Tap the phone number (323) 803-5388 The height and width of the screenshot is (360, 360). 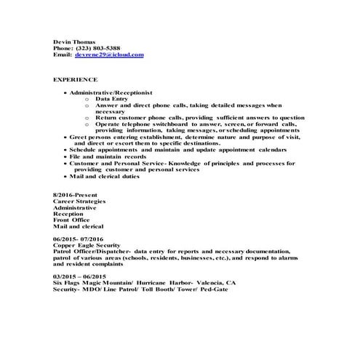(97, 48)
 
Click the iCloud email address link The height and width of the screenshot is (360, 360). (109, 55)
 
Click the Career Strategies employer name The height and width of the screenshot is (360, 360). (79, 201)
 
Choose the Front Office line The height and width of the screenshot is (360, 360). (72, 220)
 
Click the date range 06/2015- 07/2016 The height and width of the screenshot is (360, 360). (79, 238)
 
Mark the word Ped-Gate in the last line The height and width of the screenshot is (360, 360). (215, 289)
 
